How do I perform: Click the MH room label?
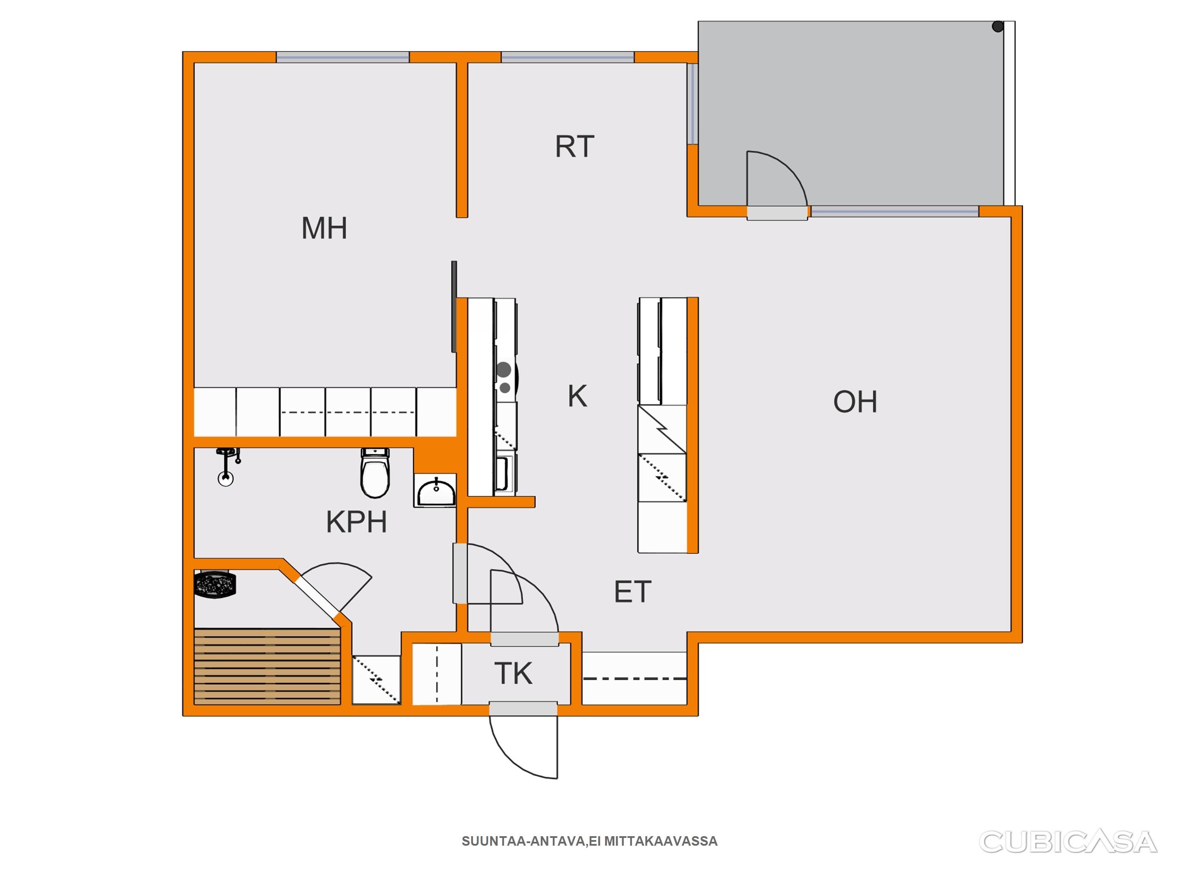[x=324, y=228]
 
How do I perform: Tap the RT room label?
[x=574, y=146]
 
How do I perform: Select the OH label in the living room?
[x=855, y=402]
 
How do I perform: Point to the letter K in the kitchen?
[x=577, y=396]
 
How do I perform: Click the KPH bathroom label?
[x=356, y=522]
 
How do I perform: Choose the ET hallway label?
[x=633, y=592]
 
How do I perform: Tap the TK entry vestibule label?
[x=513, y=674]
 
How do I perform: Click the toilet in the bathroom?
[x=376, y=473]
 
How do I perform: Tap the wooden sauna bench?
[x=267, y=666]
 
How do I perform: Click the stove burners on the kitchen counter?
[x=504, y=378]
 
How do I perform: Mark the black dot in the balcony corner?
[x=998, y=27]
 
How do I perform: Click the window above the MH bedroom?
[x=342, y=57]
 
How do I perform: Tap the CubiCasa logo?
[x=1068, y=842]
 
